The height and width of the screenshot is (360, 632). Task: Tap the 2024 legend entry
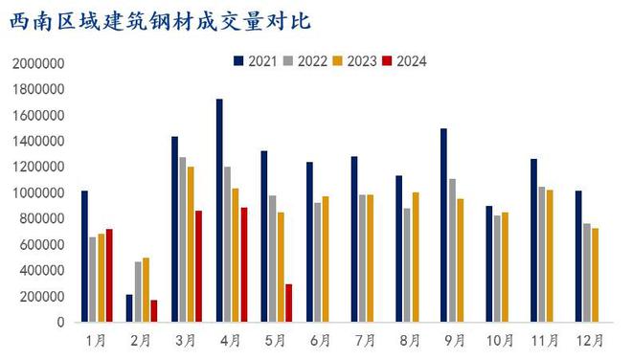coord(403,61)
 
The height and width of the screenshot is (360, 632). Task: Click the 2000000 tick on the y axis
coord(37,64)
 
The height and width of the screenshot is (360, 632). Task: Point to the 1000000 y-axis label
coord(37,193)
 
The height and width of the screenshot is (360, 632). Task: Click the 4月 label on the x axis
coord(231,340)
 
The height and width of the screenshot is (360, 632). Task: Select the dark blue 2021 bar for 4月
coord(219,211)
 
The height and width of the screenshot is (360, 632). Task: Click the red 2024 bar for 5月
coord(289,303)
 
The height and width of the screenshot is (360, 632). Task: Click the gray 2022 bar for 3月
coord(183,239)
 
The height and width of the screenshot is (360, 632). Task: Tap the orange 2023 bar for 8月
coord(416,258)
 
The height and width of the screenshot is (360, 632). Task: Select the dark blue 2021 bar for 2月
coord(129,308)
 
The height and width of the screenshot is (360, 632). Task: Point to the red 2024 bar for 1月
coord(109,276)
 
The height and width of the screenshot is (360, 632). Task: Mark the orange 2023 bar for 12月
coord(595,275)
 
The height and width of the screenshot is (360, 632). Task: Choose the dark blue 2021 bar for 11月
coord(533,240)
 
